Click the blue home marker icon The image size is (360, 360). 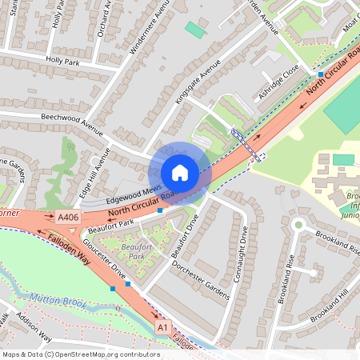pyautogui.click(x=179, y=172)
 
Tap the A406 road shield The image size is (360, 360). pyautogui.click(x=69, y=217)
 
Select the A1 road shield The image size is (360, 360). pyautogui.click(x=163, y=327)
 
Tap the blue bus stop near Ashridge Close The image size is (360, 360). pyautogui.click(x=320, y=74)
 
